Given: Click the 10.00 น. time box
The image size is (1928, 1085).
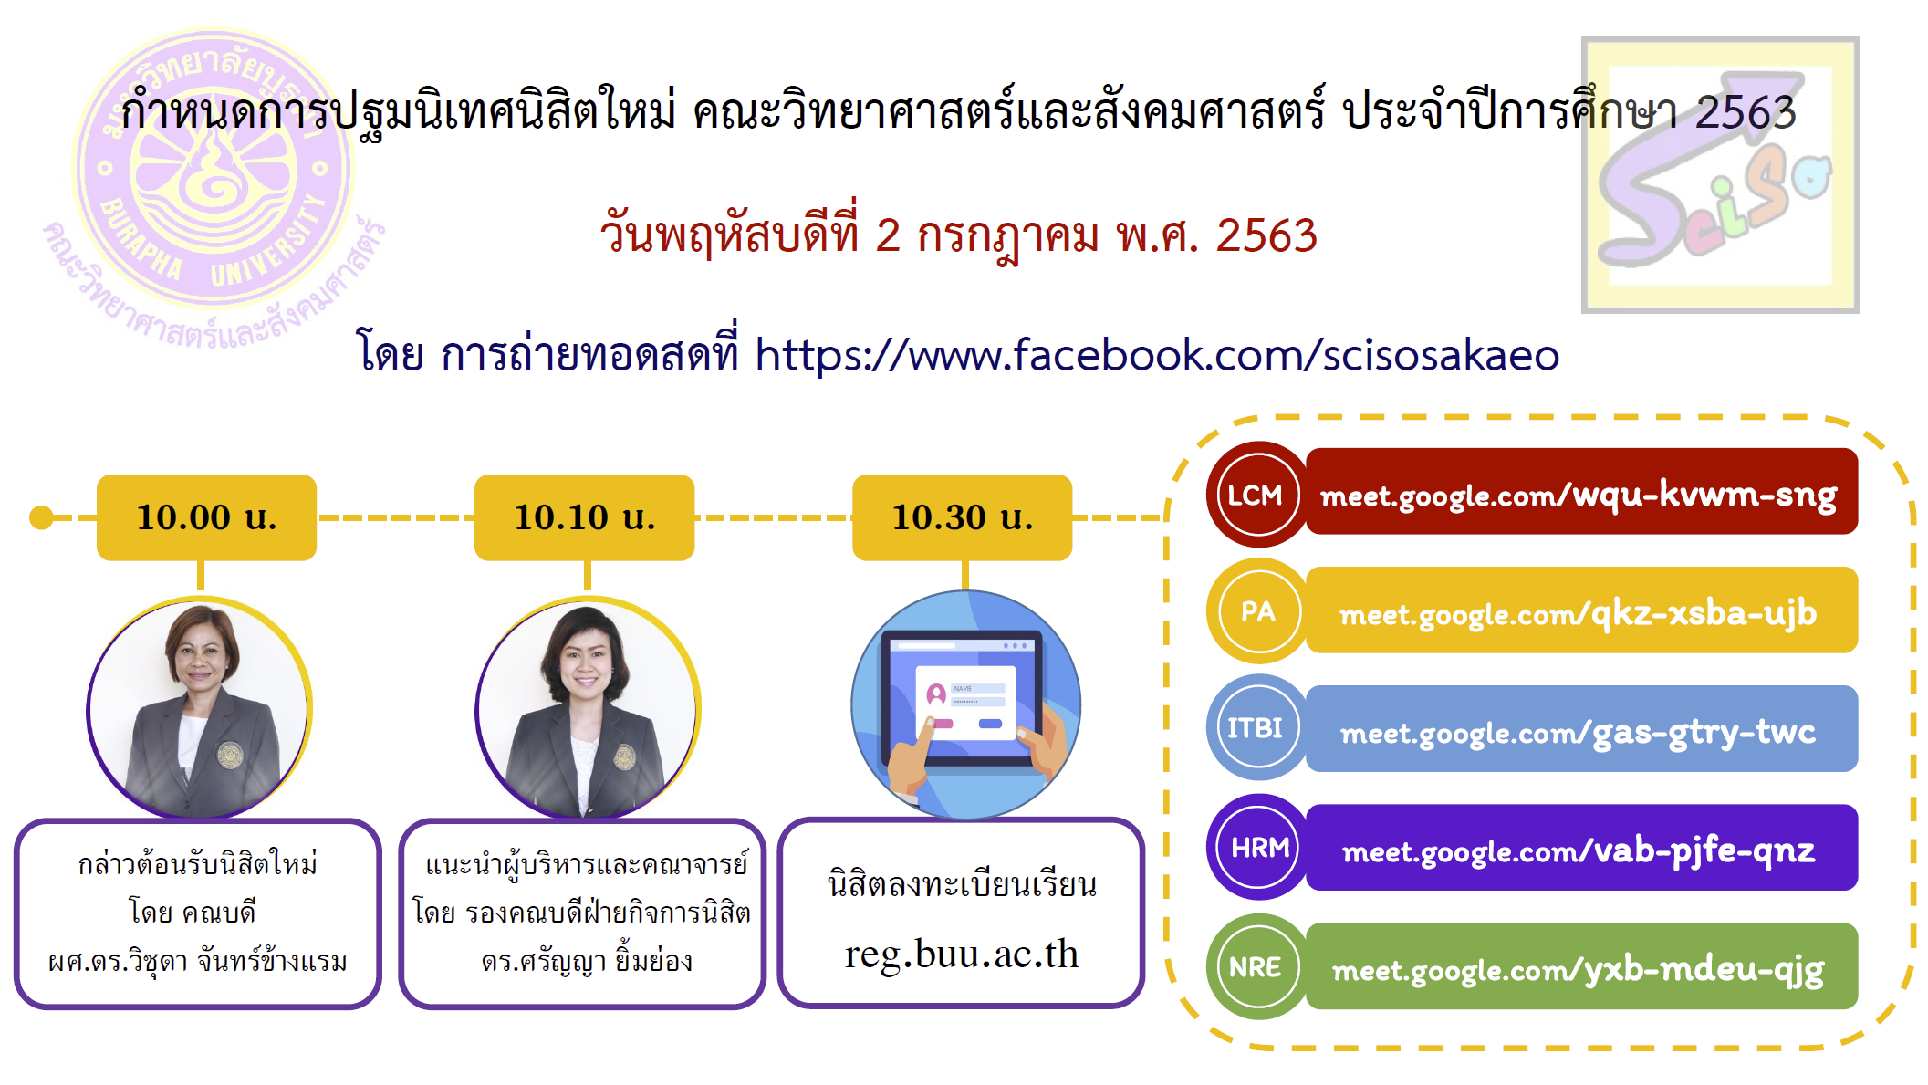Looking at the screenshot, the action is (206, 516).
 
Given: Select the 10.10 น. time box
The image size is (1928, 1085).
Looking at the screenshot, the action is (584, 516).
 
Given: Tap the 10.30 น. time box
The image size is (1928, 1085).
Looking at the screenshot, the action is (962, 516).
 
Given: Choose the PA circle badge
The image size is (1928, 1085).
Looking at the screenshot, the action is (1258, 610).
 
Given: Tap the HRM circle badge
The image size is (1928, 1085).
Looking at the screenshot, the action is (1258, 847).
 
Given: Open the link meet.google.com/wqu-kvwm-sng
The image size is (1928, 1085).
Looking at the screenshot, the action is (1579, 496).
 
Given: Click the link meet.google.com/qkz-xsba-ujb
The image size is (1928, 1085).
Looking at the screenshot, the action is (1579, 613).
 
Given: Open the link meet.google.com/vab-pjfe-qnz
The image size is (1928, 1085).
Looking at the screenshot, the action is (1579, 850).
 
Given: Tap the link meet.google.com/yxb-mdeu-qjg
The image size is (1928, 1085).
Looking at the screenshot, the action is (1579, 969).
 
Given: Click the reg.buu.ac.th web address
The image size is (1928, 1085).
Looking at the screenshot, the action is (962, 954).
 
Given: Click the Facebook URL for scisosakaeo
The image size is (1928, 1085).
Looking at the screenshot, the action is (1157, 355).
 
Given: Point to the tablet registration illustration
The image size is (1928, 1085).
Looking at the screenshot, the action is (965, 704).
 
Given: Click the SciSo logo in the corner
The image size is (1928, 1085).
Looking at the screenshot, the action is (1720, 174).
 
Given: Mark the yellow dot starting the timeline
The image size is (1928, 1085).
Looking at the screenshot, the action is (41, 517).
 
